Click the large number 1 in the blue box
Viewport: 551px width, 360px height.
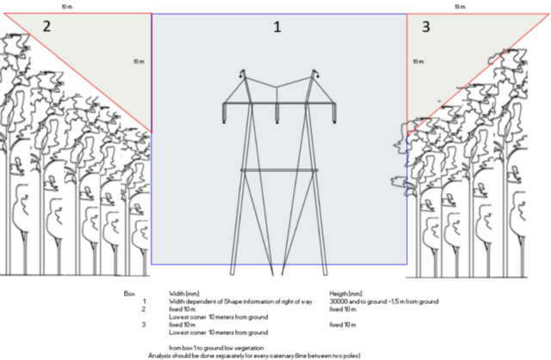[x=277, y=28]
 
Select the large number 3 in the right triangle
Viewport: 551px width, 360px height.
[x=425, y=28]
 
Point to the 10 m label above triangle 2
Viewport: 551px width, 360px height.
[x=66, y=6]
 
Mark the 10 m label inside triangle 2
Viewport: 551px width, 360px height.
[x=139, y=62]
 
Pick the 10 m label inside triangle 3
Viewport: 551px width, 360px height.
[x=418, y=62]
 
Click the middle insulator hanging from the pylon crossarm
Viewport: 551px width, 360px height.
[x=276, y=114]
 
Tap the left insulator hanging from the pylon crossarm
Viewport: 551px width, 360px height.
[x=226, y=114]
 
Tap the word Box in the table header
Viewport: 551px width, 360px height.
[x=128, y=293]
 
